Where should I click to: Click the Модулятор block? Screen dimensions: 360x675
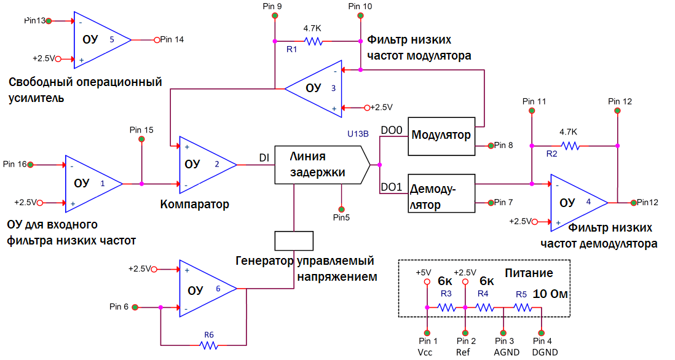442,135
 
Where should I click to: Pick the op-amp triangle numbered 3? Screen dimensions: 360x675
314,88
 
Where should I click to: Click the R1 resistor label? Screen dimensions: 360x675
292,49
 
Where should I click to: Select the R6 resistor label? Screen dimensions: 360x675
209,335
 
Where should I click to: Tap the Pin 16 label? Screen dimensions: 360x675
15,164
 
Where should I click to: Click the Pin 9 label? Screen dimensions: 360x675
272,6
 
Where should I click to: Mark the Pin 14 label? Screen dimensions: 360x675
172,39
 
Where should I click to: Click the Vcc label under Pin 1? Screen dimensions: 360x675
425,352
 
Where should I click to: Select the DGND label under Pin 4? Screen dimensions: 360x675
542,352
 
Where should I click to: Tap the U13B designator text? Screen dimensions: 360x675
358,133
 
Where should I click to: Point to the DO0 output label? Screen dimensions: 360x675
392,131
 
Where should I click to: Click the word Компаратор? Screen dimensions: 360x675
194,204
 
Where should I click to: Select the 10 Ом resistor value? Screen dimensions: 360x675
550,294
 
